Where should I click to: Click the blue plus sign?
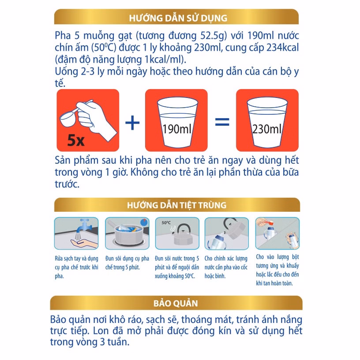coord(132,120)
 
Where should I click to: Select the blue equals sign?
coord(221,120)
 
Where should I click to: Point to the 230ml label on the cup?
coord(266,129)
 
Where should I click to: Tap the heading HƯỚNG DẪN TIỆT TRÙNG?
coord(176,205)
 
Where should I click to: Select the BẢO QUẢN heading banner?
coord(176,304)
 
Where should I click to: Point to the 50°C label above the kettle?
coord(166,223)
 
